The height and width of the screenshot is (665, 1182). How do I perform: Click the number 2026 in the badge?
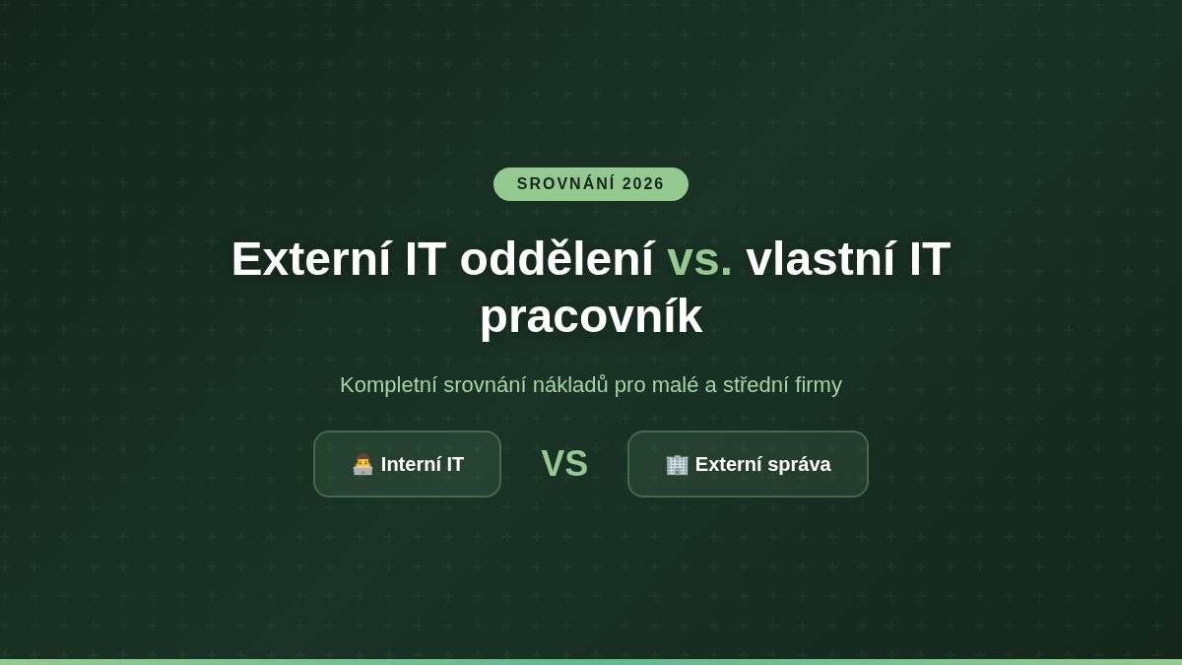643,184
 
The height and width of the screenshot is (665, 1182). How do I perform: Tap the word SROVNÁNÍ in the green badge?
565,184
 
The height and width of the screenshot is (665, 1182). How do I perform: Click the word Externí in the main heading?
311,258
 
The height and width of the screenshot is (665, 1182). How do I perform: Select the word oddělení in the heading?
557,258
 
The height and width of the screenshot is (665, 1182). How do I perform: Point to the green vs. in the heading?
699,258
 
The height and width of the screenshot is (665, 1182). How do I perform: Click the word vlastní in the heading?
820,258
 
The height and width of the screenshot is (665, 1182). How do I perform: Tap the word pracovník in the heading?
591,316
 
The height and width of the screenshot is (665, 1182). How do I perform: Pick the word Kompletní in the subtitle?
388,385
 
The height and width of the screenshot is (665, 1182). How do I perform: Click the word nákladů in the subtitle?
570,385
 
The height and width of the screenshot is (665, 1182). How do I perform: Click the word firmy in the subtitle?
818,385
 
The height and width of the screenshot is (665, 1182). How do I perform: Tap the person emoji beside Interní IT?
363,464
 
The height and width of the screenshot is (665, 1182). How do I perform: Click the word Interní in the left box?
409,464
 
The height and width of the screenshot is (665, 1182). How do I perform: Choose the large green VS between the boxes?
564,464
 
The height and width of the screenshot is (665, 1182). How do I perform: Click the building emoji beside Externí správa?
677,464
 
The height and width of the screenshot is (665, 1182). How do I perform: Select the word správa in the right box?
797,465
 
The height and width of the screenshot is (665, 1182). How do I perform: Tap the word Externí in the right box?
726,464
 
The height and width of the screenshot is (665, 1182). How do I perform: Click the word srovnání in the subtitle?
485,385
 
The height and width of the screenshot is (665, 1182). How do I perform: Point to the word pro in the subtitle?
630,386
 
